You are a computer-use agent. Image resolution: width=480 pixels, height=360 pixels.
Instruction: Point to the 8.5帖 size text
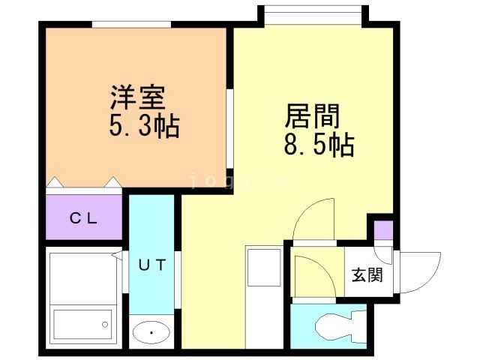318,144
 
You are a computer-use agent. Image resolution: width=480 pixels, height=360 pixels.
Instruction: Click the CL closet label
83,219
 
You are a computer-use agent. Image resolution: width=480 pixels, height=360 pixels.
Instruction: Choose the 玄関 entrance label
367,274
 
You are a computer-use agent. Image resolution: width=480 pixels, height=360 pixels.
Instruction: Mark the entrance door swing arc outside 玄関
420,271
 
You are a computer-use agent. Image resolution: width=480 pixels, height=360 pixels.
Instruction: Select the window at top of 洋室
131,24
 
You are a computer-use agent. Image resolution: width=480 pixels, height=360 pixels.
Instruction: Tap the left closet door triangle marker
55,182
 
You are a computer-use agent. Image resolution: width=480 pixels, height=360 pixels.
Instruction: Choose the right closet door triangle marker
112,182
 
